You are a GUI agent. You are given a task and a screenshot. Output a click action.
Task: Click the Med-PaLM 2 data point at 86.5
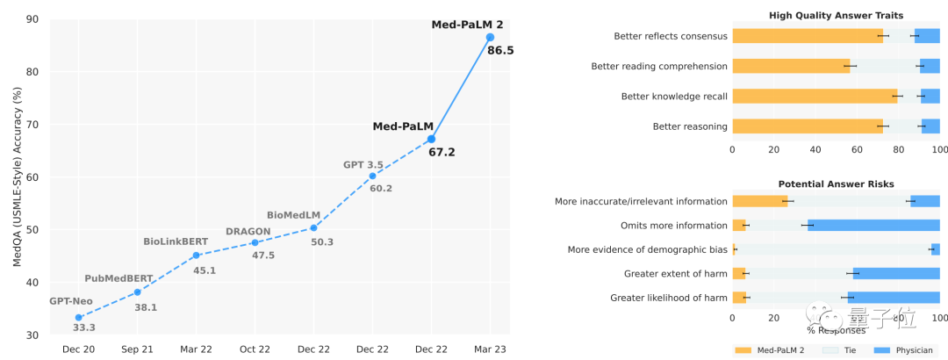(490, 38)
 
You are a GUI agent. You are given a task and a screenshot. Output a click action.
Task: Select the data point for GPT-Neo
(79, 317)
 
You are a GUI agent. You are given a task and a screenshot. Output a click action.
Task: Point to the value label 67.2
(441, 152)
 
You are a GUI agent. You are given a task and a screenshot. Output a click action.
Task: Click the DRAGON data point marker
(255, 242)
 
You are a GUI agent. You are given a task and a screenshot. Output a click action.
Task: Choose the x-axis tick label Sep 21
(137, 349)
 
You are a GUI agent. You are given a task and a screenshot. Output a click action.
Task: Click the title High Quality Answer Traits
(836, 15)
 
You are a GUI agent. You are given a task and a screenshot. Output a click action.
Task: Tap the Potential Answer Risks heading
(836, 184)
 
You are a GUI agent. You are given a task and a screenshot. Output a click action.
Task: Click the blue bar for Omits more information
(873, 226)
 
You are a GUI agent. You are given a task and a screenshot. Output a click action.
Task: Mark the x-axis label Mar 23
(490, 349)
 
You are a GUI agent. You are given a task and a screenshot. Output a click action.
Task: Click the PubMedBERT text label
(118, 278)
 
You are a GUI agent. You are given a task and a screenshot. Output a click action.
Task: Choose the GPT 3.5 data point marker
(372, 176)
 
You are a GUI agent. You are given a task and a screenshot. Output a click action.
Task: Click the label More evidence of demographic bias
(647, 249)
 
